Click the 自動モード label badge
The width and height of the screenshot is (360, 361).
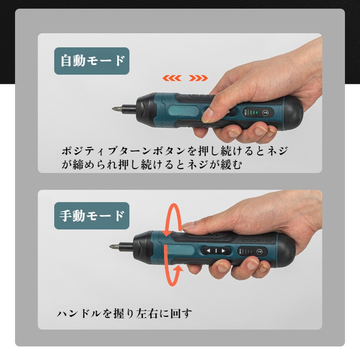point(92,61)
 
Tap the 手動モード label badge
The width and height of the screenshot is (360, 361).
point(92,216)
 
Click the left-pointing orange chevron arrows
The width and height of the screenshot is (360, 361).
point(172,78)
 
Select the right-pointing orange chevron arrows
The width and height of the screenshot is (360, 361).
point(198,78)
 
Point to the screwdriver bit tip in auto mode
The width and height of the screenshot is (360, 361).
point(113,108)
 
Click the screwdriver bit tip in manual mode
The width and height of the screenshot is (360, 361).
point(110,247)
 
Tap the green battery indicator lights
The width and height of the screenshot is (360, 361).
point(253,112)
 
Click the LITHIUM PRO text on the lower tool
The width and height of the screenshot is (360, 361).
point(257,240)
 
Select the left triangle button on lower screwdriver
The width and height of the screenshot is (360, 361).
point(208,251)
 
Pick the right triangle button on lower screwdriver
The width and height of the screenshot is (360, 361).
point(223,251)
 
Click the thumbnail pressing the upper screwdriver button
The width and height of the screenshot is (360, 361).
point(208,115)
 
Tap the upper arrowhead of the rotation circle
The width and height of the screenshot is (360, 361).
point(167,233)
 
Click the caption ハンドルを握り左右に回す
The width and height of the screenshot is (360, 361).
point(124,313)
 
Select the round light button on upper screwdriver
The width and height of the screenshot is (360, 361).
point(265,113)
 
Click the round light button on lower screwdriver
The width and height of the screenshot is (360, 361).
point(259,252)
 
